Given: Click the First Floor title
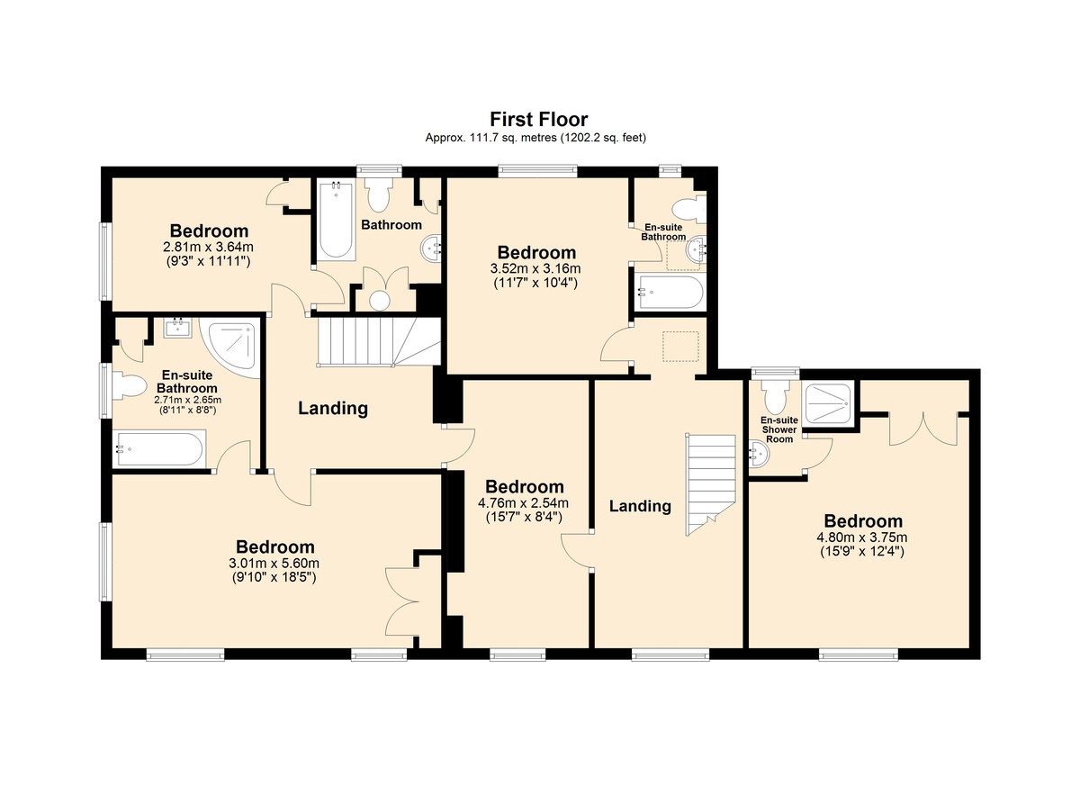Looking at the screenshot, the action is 538,119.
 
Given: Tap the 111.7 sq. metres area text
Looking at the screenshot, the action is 508,138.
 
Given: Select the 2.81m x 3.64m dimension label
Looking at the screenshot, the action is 208,248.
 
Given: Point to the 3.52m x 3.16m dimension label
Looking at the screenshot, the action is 535,268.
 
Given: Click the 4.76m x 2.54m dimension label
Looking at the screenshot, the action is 523,503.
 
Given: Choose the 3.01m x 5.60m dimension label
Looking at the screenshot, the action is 274,564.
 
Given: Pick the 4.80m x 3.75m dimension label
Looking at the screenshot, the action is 862,538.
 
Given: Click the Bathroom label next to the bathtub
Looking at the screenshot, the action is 391,225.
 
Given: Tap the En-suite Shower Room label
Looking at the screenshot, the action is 779,429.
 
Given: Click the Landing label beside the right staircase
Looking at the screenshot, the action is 640,506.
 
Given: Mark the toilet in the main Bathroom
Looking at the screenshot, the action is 379,194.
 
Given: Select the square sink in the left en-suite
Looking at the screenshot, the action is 177,328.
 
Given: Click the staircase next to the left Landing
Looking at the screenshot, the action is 379,341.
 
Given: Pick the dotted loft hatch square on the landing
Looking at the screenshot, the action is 680,347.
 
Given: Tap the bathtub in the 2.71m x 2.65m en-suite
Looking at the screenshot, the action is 160,449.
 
